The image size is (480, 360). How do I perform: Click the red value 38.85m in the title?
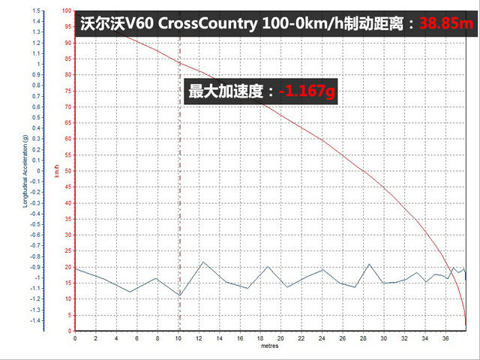tap(448, 23)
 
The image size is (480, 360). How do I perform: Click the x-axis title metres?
tap(270, 346)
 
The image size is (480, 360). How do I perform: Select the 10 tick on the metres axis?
tap(178, 339)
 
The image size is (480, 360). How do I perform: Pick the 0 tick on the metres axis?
tap(75, 339)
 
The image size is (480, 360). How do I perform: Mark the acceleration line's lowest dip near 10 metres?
tap(180, 295)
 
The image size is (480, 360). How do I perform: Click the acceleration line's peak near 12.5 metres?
tap(204, 262)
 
